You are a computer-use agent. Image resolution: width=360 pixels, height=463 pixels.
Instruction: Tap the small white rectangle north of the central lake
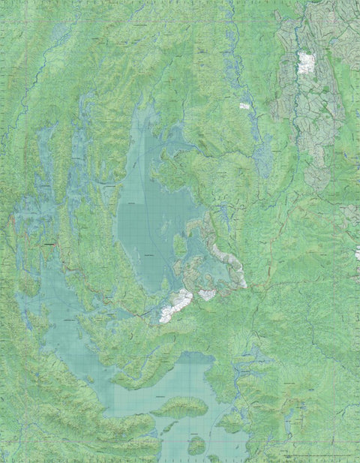[244, 106]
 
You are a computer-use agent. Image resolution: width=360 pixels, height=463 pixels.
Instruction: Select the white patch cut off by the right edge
[357, 254]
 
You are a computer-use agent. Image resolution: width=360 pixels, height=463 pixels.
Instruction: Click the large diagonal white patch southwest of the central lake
[175, 306]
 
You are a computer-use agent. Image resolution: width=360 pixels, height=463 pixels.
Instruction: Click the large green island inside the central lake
[180, 245]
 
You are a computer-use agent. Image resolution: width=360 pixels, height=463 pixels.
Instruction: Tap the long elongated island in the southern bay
[180, 407]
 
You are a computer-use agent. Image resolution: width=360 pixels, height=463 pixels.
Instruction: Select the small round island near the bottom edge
[196, 446]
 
